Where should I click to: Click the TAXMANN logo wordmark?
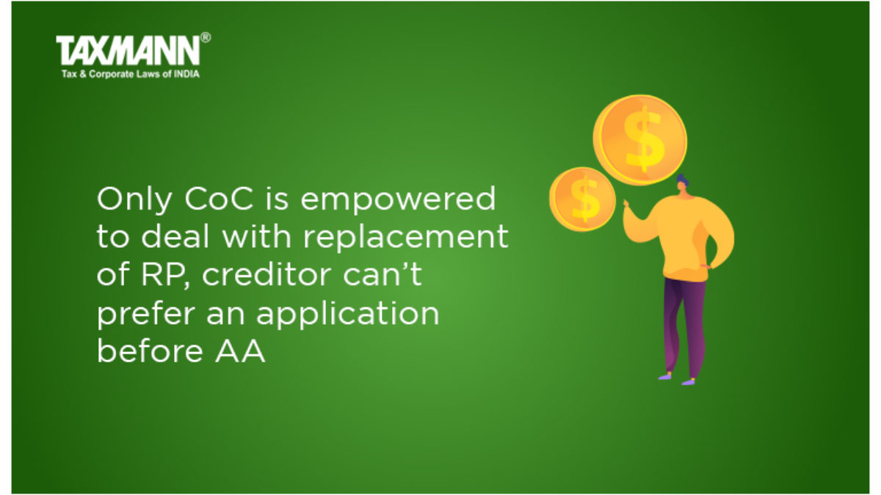click(x=128, y=51)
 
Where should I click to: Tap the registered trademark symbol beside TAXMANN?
click(x=206, y=37)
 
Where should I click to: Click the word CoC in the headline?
click(x=218, y=199)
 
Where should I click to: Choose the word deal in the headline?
click(x=175, y=236)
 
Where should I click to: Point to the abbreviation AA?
click(x=240, y=351)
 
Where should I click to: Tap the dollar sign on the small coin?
click(x=585, y=199)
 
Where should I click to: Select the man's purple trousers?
click(x=684, y=326)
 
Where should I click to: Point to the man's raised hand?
click(x=627, y=207)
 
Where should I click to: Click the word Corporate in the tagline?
click(x=112, y=74)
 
